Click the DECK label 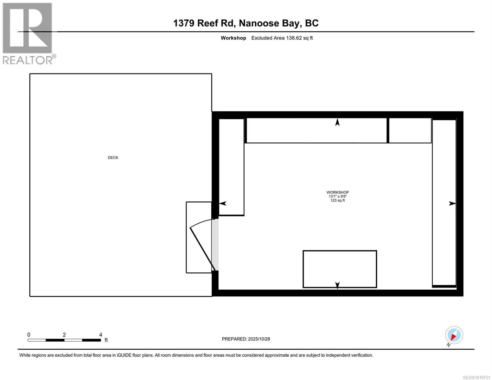(113, 158)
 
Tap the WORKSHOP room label (337, 192)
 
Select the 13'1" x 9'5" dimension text (337, 196)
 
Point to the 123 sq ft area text (337, 200)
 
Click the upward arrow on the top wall (337, 122)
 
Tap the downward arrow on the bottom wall (337, 285)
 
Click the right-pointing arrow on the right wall (452, 204)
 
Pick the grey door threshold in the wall (215, 245)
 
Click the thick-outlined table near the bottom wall (340, 269)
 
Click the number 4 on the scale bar (100, 335)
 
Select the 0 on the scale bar (29, 335)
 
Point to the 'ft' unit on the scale (106, 340)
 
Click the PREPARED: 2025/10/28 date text (246, 339)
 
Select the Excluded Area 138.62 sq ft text (282, 38)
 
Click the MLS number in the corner (477, 377)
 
